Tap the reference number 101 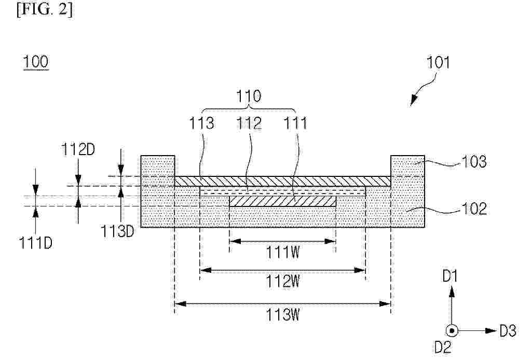(x=438, y=63)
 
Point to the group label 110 (x=249, y=96)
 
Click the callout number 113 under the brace (x=201, y=123)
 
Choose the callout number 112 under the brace (x=249, y=123)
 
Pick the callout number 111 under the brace (x=296, y=123)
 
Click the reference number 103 (x=474, y=161)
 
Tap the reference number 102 (x=474, y=209)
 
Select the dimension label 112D (x=78, y=149)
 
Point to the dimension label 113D (x=117, y=231)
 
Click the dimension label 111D (x=36, y=243)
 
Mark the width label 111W (x=283, y=252)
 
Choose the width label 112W (x=283, y=281)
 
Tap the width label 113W (x=283, y=315)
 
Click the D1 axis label (x=451, y=276)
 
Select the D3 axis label (x=508, y=330)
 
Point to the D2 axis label (x=443, y=347)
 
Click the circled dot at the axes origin (x=452, y=330)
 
